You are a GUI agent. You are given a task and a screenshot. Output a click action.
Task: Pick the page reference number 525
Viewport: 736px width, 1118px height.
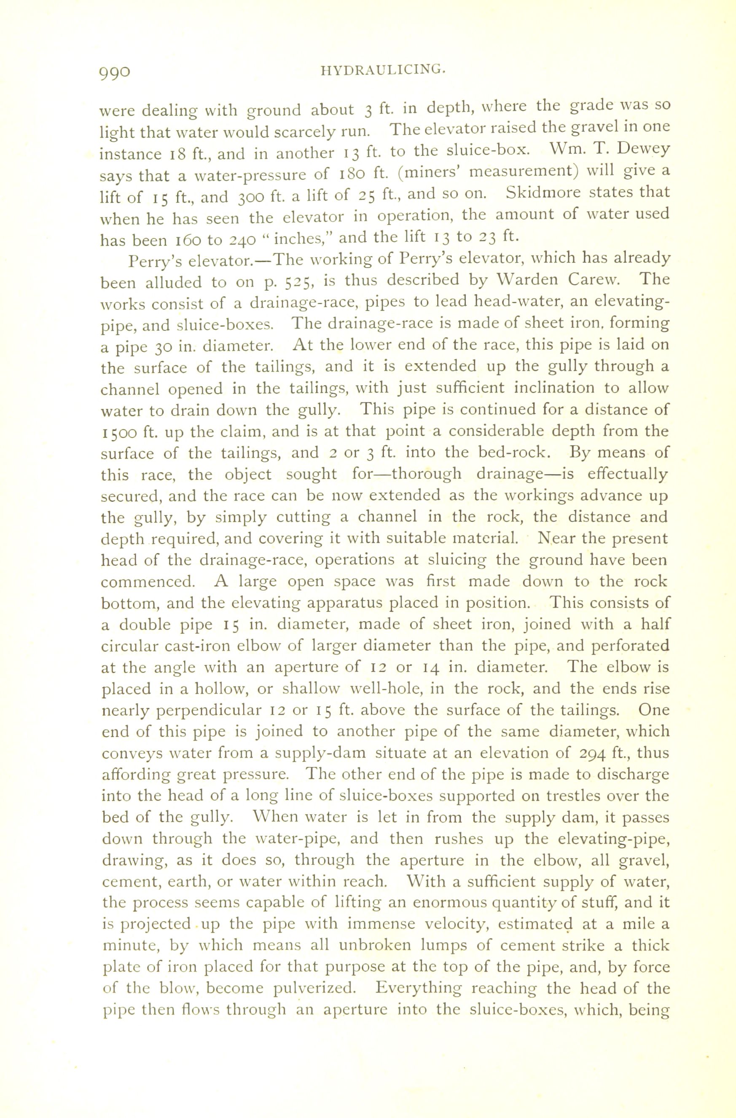click(297, 282)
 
